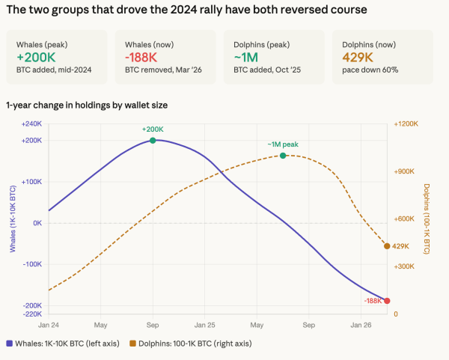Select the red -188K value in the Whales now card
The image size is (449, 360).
coord(142,58)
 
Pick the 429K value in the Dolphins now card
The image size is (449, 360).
coord(358,58)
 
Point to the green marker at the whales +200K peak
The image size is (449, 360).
coord(153,140)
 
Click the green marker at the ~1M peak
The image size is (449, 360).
coord(283,156)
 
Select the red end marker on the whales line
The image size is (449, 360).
coord(387,300)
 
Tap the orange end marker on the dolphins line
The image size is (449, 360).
coord(387,246)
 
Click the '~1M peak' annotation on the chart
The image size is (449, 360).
coord(283,144)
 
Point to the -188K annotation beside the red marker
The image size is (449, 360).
coord(373,300)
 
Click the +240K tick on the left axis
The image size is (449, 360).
coord(31,123)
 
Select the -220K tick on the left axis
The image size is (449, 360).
coord(31,314)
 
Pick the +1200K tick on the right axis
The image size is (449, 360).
coord(406,123)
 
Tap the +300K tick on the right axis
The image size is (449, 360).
coord(404,266)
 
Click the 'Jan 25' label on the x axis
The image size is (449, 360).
coord(204,326)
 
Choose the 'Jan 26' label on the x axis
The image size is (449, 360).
coord(361,326)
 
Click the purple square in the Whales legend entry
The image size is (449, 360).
coord(10,344)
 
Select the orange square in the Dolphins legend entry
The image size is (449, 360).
coord(133,344)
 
